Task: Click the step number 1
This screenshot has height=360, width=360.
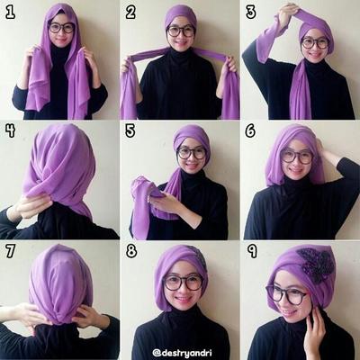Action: (10, 13)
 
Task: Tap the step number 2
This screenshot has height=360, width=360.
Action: (130, 13)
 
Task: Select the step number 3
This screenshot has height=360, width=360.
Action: (250, 13)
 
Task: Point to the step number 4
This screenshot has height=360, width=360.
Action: (10, 130)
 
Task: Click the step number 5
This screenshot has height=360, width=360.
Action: (130, 130)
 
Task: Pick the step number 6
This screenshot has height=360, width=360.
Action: (250, 130)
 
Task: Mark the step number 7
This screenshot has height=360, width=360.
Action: (10, 251)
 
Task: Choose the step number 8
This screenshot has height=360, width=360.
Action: (131, 251)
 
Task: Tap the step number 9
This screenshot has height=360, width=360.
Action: (252, 251)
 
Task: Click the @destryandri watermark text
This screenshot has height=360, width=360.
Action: (182, 352)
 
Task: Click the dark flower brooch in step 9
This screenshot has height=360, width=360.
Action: (315, 262)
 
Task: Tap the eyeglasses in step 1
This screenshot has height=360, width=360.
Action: (61, 28)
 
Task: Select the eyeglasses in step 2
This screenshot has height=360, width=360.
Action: (181, 31)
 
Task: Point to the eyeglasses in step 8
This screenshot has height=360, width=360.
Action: (184, 283)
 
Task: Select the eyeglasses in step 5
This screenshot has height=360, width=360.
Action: (192, 153)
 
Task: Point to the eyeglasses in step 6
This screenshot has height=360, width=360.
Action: (297, 157)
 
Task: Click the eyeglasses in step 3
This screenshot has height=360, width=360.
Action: (315, 43)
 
